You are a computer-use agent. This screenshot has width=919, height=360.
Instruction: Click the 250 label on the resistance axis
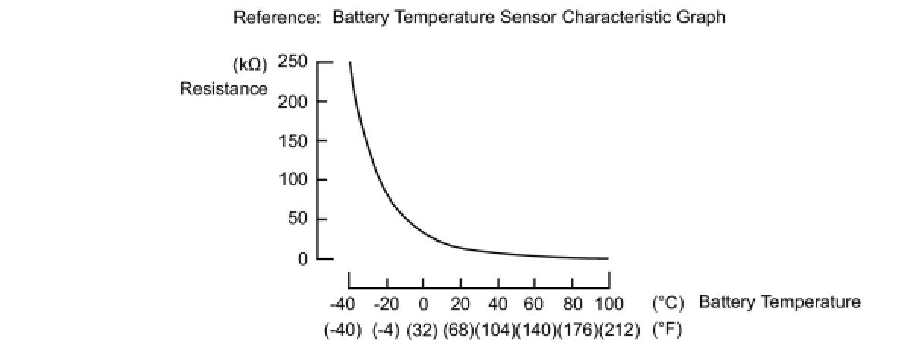click(292, 62)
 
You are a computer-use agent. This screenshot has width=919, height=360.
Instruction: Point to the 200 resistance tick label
click(292, 101)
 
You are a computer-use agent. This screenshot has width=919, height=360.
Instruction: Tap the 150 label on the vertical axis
click(292, 141)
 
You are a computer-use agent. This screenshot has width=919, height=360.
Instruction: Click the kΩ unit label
click(251, 65)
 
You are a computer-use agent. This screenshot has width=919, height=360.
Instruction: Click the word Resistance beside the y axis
click(223, 89)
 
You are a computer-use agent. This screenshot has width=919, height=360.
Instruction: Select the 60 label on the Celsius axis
click(534, 305)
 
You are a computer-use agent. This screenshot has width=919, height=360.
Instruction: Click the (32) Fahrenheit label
click(422, 332)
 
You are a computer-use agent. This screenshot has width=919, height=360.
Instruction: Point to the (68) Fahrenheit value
click(458, 332)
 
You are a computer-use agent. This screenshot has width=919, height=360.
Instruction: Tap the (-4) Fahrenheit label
click(386, 332)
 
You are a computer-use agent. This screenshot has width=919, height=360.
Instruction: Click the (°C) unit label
click(668, 303)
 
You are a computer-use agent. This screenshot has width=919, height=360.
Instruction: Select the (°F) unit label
click(667, 332)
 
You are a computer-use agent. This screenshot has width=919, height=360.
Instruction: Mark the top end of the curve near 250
click(350, 62)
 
